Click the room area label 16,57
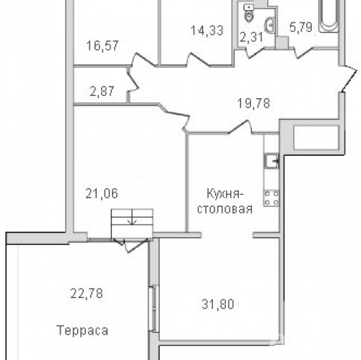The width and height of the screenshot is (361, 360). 100,46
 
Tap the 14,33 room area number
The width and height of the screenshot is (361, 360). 205,31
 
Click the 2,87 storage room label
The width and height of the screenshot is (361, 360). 103,91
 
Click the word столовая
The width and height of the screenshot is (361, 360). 227,210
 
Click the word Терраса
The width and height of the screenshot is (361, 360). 82,331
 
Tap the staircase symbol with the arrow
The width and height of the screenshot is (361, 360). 132,220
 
